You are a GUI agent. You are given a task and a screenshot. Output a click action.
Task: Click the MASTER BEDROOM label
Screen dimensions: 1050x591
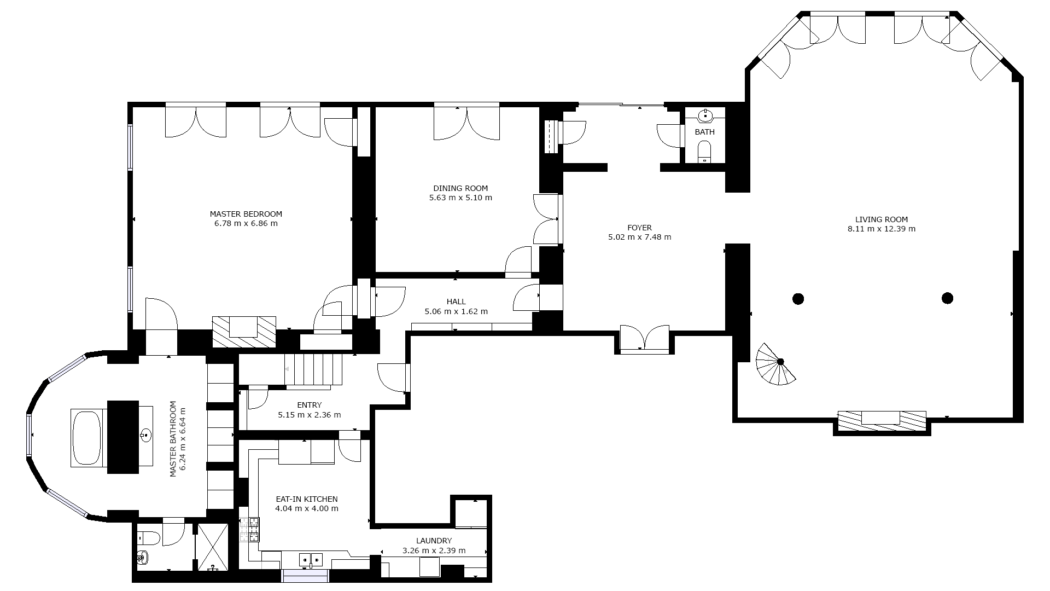coord(246,214)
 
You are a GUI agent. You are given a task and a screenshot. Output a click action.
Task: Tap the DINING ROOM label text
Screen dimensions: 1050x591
coord(460,188)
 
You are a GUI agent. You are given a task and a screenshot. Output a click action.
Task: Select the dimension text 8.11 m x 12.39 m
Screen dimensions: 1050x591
coord(882,229)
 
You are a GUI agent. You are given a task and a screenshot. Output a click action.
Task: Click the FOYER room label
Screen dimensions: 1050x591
coord(640,228)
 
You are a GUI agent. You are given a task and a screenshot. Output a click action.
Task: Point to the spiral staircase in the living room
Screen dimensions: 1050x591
coord(775,364)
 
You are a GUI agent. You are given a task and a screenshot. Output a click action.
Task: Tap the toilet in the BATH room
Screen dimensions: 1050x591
coord(704,152)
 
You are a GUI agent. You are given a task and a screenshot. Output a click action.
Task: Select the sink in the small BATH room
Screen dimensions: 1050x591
coord(705,115)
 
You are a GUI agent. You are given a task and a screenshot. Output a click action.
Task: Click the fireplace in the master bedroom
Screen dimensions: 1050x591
coord(244,331)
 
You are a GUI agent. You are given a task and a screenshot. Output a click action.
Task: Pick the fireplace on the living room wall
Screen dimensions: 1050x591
coord(882,421)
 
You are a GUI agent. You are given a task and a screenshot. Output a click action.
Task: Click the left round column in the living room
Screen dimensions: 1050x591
coord(798,299)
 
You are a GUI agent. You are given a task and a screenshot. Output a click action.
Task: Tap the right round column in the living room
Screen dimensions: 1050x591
coord(948,298)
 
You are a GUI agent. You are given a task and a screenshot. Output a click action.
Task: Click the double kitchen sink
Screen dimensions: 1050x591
coord(311,559)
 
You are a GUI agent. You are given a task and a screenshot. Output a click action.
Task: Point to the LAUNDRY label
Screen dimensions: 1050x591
coord(434,541)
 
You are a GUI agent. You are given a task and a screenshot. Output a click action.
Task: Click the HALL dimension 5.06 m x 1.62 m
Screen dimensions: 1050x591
coord(456,311)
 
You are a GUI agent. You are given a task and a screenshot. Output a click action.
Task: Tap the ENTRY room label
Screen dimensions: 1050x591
coord(310,405)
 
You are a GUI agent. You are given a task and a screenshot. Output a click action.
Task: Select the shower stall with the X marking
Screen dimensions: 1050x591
coord(213,547)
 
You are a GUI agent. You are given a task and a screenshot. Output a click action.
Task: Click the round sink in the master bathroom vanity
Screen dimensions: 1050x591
coord(145,436)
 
